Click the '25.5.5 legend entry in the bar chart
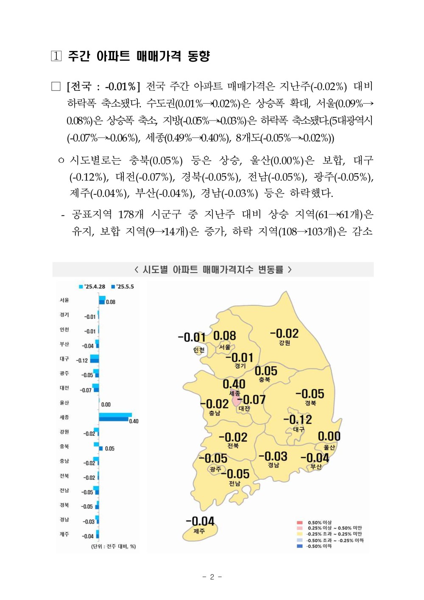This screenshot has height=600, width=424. click(123, 287)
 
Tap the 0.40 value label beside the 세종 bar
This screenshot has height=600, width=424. click(134, 421)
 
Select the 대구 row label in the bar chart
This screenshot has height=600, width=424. click(64, 359)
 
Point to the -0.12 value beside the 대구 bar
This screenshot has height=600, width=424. click(82, 361)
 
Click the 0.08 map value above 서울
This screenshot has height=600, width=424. click(224, 336)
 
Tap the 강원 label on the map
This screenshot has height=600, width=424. click(285, 343)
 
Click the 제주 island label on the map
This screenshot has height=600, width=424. click(199, 531)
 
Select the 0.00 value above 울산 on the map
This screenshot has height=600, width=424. click(329, 436)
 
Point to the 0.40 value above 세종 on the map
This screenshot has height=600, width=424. click(234, 384)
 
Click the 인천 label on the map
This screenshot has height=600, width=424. click(199, 350)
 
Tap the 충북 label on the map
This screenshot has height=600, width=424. click(265, 380)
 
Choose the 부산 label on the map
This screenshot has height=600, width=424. click(316, 467)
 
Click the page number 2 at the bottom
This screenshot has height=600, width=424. click(212, 577)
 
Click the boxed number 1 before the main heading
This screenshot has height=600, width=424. click(56, 56)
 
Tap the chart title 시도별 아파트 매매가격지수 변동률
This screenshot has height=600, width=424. click(213, 270)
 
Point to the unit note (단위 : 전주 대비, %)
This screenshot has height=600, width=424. click(114, 546)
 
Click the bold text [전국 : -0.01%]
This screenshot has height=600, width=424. click(103, 87)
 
